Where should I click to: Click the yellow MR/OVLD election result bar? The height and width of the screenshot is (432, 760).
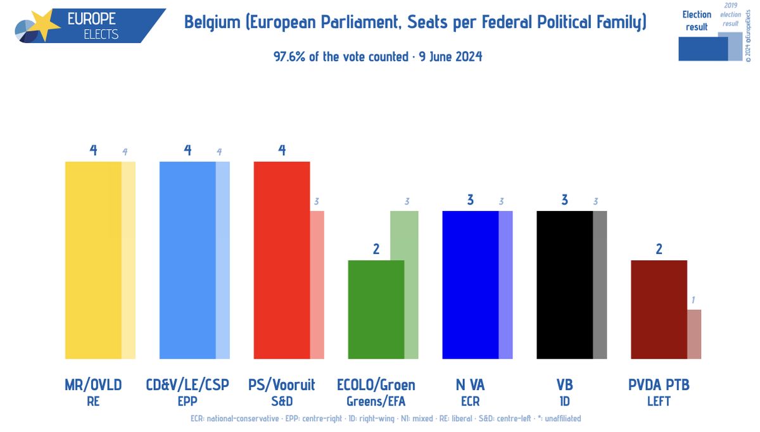(93, 260)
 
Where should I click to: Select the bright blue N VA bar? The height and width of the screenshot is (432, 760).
(470, 284)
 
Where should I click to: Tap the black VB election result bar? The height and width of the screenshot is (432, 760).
(564, 284)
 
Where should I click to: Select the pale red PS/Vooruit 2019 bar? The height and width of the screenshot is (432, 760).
(317, 284)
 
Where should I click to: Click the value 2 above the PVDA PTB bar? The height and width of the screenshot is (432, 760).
(659, 249)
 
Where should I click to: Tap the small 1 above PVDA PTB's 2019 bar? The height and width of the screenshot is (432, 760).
(693, 300)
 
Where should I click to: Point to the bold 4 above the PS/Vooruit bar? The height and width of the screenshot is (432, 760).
(282, 150)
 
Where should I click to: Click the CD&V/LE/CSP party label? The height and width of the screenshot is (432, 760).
(187, 384)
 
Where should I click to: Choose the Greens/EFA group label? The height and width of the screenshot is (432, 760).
(376, 401)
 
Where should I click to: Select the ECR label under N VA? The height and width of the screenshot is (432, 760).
(470, 401)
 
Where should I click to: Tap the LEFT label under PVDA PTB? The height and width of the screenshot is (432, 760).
(659, 401)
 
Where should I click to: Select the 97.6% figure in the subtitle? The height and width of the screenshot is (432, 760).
(288, 56)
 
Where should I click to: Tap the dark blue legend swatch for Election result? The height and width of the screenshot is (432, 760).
(702, 49)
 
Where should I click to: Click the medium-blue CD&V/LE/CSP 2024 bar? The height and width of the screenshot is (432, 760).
(187, 260)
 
